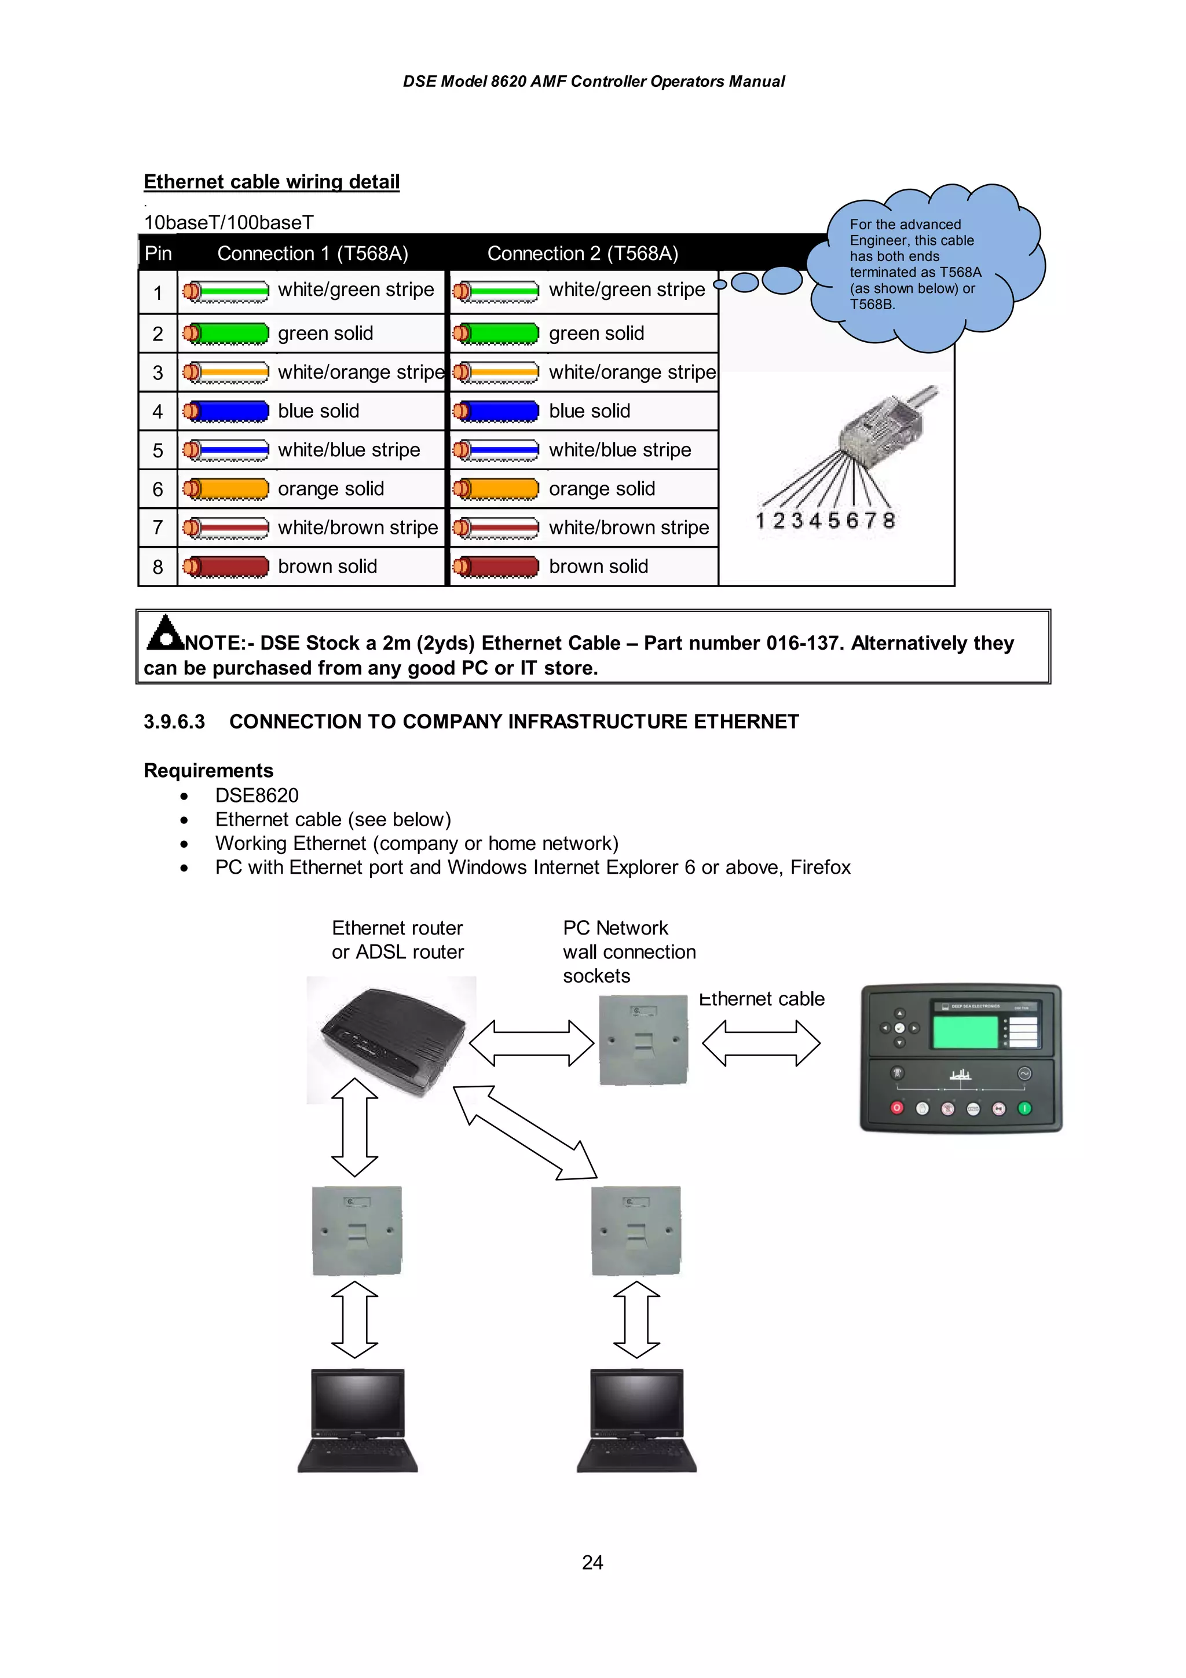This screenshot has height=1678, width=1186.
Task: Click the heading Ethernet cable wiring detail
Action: [x=271, y=181]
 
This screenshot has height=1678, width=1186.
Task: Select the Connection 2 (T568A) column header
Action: [x=583, y=254]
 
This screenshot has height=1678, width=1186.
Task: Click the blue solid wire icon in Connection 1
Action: [x=226, y=411]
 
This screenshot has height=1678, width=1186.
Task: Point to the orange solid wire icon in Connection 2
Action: [x=496, y=488]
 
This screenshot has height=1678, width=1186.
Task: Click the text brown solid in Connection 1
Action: [x=327, y=566]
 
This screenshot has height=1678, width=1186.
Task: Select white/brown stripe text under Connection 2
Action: [x=628, y=527]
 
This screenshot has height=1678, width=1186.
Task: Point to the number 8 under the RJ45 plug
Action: [x=888, y=521]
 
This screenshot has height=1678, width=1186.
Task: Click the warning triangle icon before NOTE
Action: [x=165, y=633]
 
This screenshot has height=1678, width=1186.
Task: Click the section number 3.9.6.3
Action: [x=174, y=722]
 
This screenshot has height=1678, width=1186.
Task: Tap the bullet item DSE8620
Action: [x=257, y=795]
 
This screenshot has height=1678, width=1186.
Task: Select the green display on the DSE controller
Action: [x=965, y=1032]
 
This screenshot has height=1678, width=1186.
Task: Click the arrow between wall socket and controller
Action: [x=761, y=1043]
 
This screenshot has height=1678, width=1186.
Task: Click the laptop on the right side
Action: [x=636, y=1420]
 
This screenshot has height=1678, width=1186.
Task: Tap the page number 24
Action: [x=592, y=1563]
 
